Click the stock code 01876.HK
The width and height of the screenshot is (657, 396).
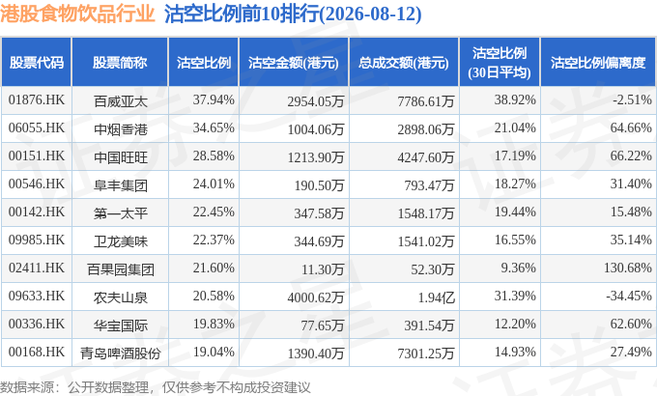point(37,99)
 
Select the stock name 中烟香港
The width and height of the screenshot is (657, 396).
point(121,129)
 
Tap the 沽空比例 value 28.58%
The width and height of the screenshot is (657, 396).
point(214,156)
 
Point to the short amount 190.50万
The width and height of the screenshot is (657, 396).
point(319,185)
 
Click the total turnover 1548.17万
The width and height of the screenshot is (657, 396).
point(426,213)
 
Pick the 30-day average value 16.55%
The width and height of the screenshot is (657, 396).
point(515,240)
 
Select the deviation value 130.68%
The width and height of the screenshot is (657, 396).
point(628,268)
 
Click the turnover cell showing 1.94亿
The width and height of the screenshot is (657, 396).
point(436,297)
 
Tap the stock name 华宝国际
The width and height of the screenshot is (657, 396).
point(121,325)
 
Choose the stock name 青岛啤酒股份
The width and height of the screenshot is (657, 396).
point(121,354)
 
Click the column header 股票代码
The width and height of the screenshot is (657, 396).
point(37,63)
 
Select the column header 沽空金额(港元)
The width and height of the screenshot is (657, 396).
point(294,63)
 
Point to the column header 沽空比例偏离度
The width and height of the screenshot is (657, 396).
point(598,63)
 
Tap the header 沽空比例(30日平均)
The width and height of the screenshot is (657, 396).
point(500,63)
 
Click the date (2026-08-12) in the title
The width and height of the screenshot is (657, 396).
point(370,14)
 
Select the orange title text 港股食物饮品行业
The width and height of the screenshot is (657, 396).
point(77,14)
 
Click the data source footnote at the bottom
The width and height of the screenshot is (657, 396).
point(156,387)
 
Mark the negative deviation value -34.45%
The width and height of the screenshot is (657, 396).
point(629,296)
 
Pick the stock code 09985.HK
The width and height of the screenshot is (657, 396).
point(37,240)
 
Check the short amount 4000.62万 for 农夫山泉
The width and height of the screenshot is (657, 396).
point(316,297)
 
